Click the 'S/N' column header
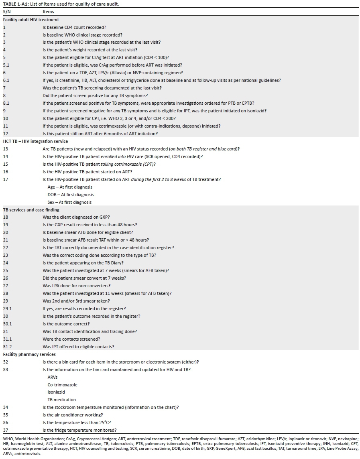[x=7, y=12]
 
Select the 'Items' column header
[x=48, y=12]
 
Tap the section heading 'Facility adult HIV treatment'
[x=31, y=19]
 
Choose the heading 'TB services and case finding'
[x=31, y=210]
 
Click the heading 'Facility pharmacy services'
[x=29, y=354]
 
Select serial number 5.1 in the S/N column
[x=6, y=65]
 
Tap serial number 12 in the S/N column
[x=5, y=134]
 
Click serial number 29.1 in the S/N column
[x=7, y=309]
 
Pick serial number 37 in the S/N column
[x=5, y=430]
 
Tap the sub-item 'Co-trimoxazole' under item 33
[x=62, y=385]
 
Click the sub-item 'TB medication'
[x=61, y=400]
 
